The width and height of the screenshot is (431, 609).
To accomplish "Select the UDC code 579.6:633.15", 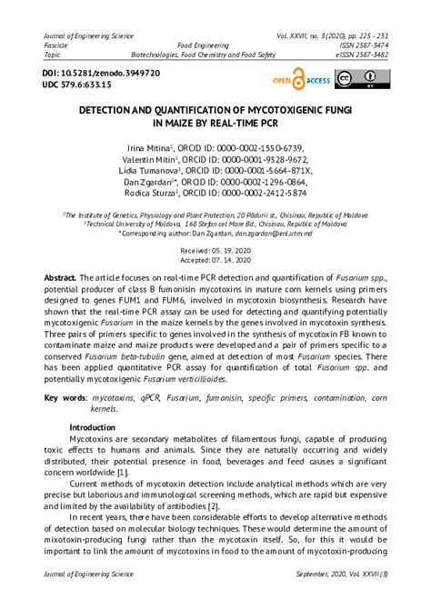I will pos(93,85).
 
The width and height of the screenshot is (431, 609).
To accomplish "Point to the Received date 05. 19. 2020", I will pos(215,249).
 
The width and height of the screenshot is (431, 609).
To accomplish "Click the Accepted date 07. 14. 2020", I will pos(215,260).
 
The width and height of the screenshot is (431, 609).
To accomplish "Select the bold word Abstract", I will pos(60,276).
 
